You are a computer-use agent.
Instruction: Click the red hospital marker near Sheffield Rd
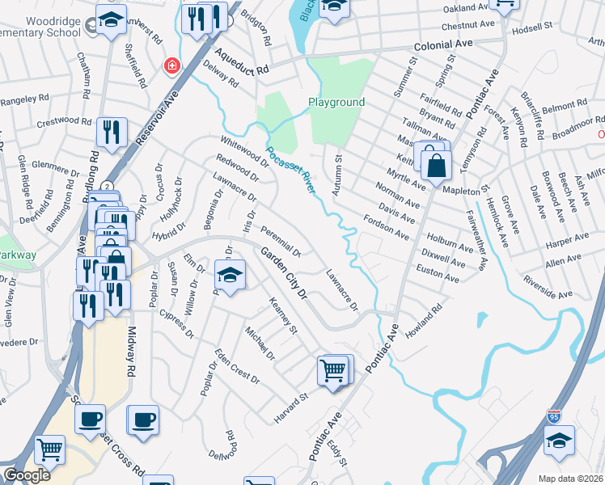171,65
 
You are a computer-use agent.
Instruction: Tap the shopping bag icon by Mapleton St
436,166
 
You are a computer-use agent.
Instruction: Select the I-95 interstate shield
554,416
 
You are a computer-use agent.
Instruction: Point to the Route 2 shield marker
107,186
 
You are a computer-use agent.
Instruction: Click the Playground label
336,103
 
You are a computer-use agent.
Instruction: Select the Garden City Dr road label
285,274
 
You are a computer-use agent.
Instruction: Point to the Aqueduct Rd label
241,61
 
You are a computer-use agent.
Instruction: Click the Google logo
27,475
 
